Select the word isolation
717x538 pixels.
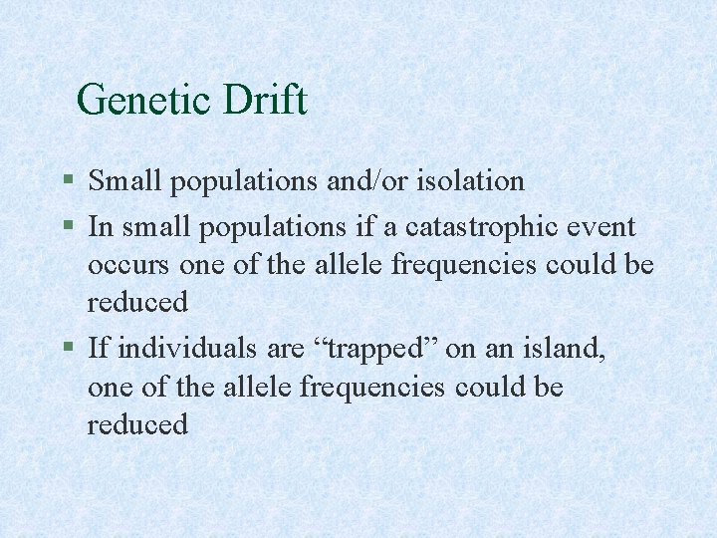pos(470,181)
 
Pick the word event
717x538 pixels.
pos(600,227)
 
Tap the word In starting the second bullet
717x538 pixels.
pos(100,227)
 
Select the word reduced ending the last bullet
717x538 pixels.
pos(137,424)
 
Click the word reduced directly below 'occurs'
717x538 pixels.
pos(137,303)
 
